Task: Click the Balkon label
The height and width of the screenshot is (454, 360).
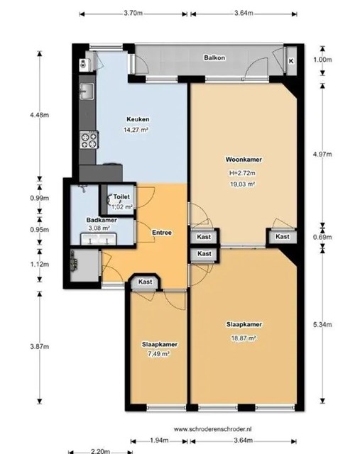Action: [214, 57]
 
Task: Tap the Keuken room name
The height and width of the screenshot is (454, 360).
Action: [138, 119]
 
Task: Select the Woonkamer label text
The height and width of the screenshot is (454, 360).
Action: [244, 160]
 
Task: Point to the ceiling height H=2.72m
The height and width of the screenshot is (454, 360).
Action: [242, 173]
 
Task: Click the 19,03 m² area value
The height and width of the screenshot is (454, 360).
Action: [242, 184]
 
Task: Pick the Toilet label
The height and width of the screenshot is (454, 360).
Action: [121, 196]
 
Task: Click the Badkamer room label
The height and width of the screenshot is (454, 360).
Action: [102, 220]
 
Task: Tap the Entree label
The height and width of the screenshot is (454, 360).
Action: [162, 233]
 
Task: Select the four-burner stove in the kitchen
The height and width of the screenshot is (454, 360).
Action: [89, 140]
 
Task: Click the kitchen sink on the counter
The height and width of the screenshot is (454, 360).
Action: [87, 92]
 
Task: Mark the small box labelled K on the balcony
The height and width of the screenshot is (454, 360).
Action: [291, 61]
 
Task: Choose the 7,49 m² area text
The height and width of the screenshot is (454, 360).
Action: [158, 354]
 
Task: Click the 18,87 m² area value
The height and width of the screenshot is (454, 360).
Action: [244, 338]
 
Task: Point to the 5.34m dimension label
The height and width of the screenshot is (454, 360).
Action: [322, 325]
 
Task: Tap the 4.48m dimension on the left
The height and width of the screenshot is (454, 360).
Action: [40, 115]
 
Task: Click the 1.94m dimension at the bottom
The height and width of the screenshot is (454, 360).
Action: [159, 441]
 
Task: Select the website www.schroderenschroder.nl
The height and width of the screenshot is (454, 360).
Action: [213, 429]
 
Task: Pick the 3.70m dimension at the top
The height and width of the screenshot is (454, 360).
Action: [133, 13]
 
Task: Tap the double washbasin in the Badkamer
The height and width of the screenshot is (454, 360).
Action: [98, 240]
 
